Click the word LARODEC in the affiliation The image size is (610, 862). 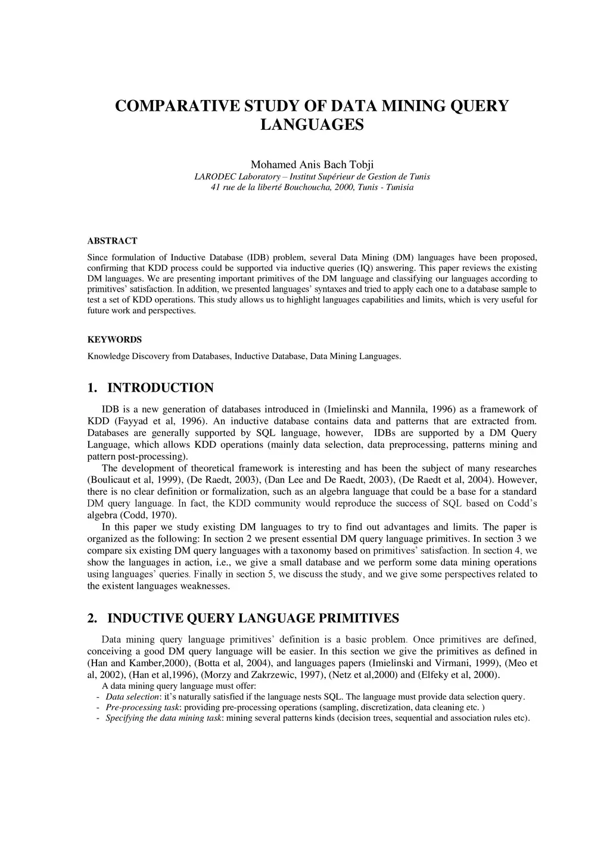tap(215, 176)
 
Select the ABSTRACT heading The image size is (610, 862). tap(112, 241)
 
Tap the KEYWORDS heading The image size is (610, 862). tap(114, 340)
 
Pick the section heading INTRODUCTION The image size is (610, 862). tap(160, 388)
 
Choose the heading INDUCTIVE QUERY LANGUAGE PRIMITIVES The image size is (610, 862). tap(253, 618)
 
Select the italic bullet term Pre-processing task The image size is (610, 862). tap(142, 707)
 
